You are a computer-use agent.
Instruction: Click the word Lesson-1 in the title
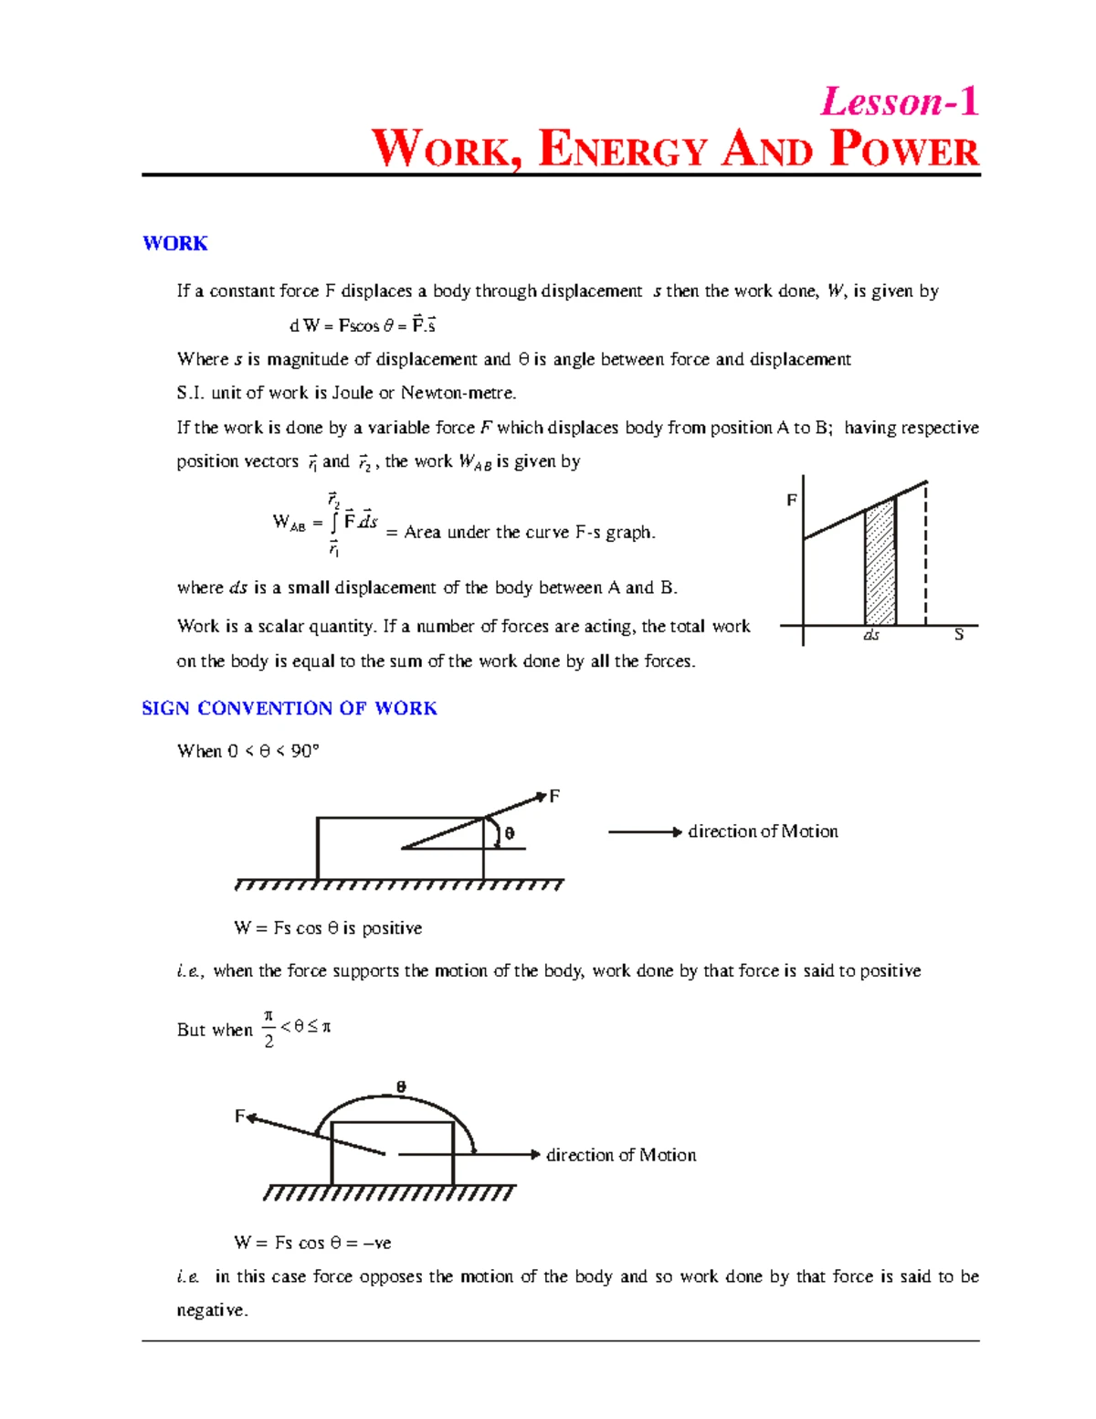click(x=900, y=101)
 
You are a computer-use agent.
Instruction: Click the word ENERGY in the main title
click(x=623, y=151)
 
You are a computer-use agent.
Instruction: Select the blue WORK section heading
click(x=174, y=243)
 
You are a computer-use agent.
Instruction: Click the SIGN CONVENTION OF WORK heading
click(x=290, y=708)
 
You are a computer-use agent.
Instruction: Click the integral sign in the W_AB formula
click(x=334, y=523)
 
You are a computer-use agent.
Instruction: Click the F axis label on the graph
click(x=792, y=500)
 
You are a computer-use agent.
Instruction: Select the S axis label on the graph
click(x=958, y=634)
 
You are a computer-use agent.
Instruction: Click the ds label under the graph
click(x=871, y=634)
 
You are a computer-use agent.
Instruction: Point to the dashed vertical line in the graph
click(x=926, y=557)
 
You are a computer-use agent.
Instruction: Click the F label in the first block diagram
click(x=553, y=797)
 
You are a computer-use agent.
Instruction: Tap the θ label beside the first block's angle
click(x=510, y=833)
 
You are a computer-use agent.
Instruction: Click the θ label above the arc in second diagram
click(x=400, y=1086)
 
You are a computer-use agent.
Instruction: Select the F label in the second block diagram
click(x=240, y=1116)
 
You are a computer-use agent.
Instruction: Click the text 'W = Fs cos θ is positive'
click(x=328, y=928)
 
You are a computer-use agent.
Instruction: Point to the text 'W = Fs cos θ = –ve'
click(x=312, y=1243)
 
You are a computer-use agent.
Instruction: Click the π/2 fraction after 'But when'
click(x=269, y=1029)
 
